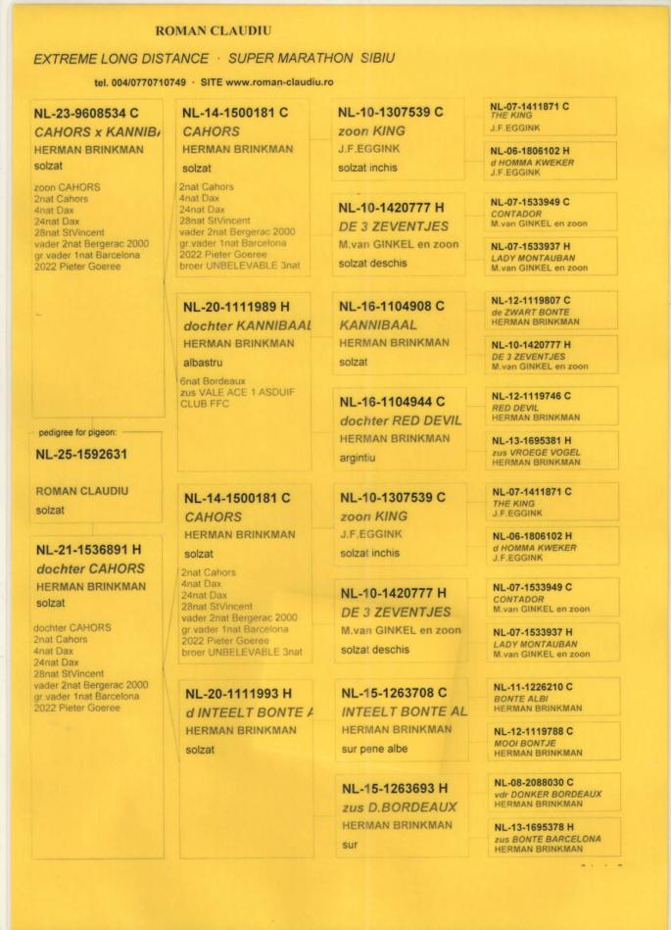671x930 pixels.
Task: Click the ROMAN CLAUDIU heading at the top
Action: tap(202, 31)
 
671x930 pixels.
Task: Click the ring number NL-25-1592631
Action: tap(88, 455)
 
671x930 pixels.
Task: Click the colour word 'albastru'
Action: tap(205, 363)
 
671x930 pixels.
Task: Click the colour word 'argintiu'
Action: tap(359, 456)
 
